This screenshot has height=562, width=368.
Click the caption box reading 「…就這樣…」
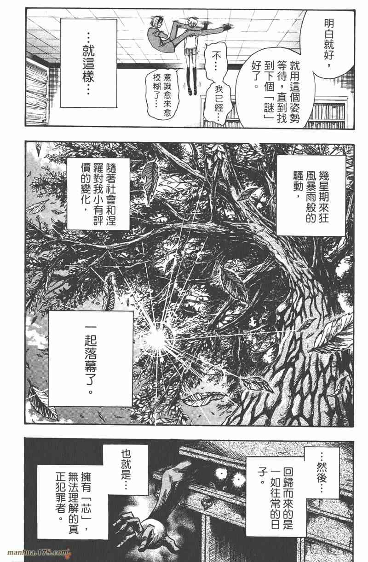point(89,63)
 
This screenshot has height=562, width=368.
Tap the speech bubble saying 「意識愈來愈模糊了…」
point(161,94)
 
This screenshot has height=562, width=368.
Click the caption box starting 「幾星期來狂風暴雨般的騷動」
point(310,195)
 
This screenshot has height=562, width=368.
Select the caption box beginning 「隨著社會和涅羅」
point(98,194)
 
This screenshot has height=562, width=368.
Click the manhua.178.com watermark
point(38,552)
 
